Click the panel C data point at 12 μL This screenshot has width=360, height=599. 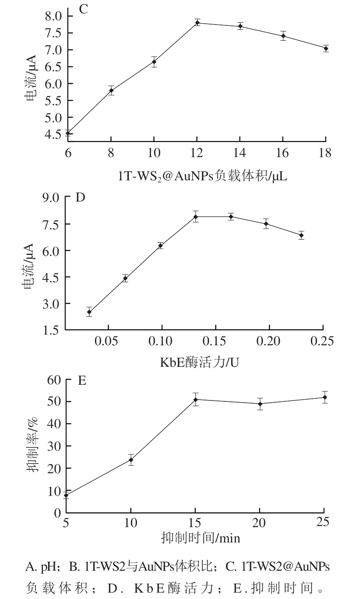(x=198, y=23)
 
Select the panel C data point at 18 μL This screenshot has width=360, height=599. (x=326, y=49)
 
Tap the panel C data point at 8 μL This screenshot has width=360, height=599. (x=111, y=91)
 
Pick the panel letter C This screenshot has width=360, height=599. (x=83, y=9)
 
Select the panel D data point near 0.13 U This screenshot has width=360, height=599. (x=196, y=217)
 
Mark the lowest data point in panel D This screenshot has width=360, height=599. (x=89, y=312)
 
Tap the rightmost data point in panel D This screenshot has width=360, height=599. (x=301, y=235)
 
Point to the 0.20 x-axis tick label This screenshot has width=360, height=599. (x=269, y=341)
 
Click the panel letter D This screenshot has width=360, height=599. (x=80, y=197)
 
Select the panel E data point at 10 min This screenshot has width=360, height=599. (x=131, y=460)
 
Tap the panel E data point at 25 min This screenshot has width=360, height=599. (x=325, y=397)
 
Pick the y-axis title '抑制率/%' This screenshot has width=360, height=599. (x=32, y=444)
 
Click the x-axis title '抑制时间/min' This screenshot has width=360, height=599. (x=201, y=537)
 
